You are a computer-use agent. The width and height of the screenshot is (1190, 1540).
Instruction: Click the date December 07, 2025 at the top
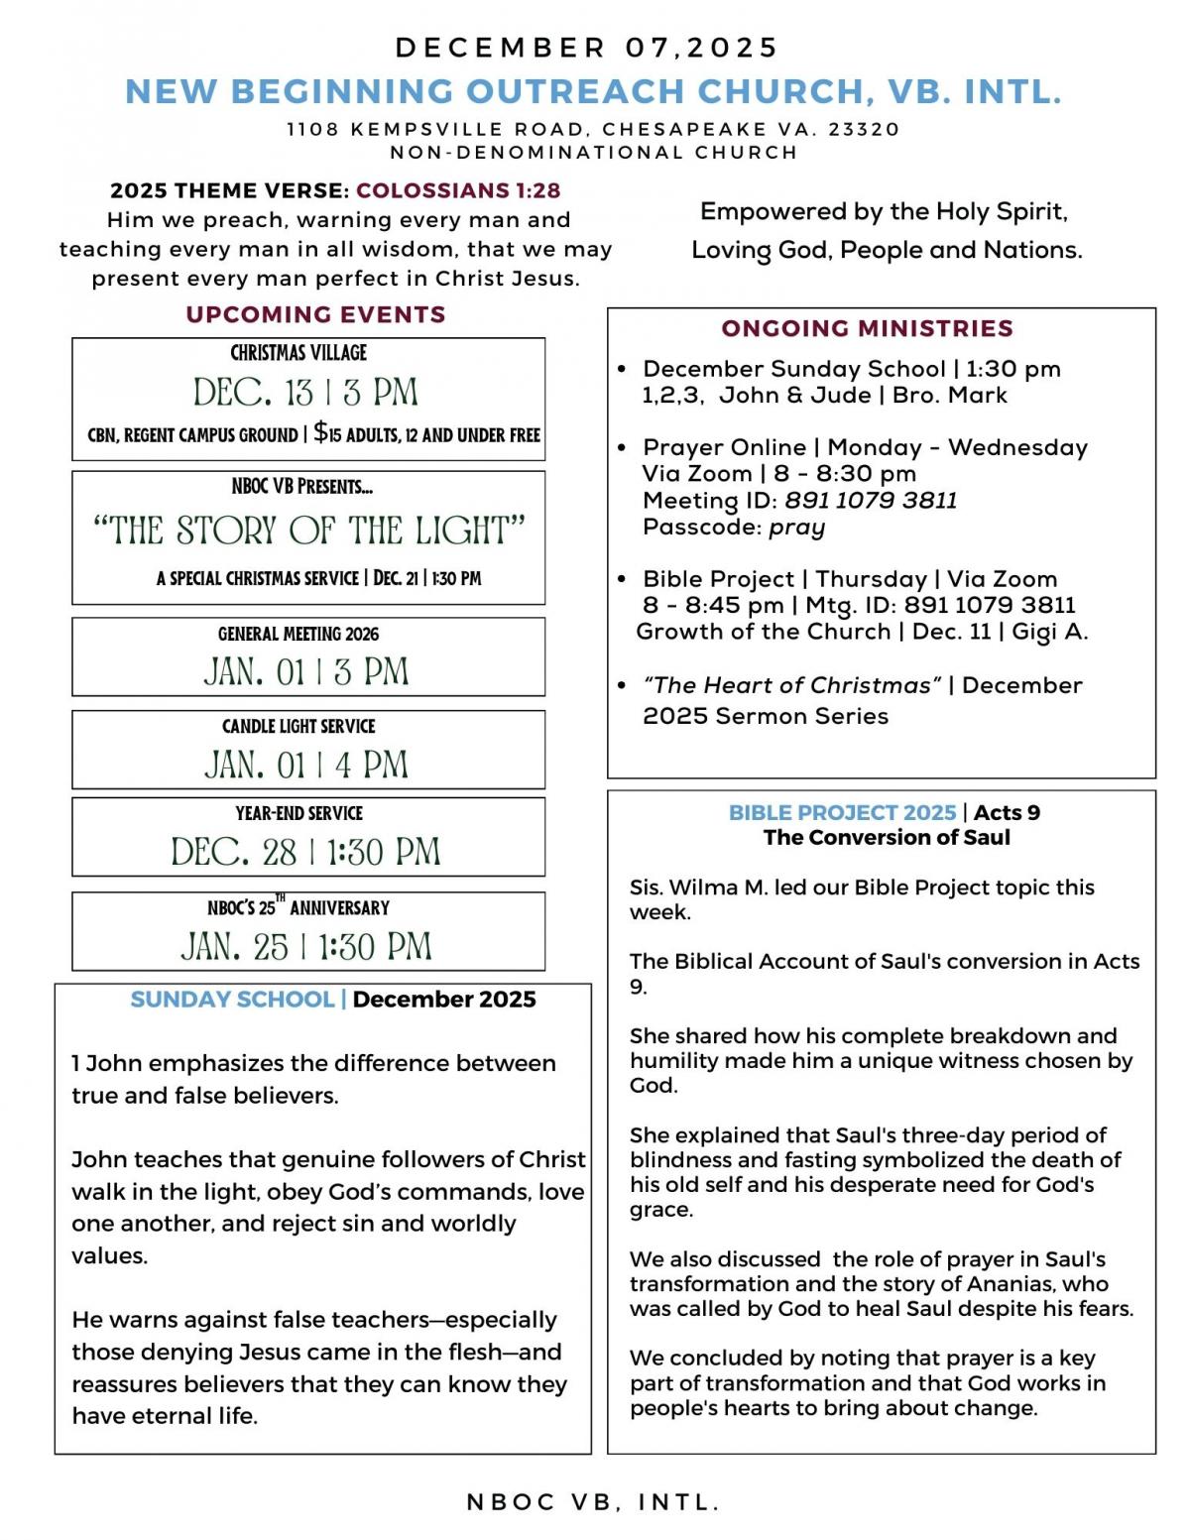tap(587, 48)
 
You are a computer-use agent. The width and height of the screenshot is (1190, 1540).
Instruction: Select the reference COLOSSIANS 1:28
tap(458, 190)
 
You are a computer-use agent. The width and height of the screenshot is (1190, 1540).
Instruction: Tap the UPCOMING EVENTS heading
tap(315, 314)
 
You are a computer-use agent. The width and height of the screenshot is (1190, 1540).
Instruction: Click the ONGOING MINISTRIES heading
tap(867, 328)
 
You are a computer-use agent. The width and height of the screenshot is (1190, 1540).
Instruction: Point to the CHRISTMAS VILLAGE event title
tap(298, 353)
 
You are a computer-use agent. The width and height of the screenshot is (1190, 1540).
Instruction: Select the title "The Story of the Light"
tap(308, 532)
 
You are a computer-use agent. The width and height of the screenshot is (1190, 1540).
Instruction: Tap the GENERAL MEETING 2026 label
tap(298, 634)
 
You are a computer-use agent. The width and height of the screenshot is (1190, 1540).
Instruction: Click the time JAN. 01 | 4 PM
tap(306, 765)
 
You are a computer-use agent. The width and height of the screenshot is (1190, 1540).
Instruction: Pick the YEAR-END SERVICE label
tap(298, 813)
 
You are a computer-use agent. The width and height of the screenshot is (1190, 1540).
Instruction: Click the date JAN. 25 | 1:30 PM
tap(306, 947)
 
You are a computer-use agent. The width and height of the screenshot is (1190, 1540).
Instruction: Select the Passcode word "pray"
tap(796, 527)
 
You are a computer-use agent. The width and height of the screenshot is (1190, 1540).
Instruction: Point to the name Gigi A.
tap(1049, 632)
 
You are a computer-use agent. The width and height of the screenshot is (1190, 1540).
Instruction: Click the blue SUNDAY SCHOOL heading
tap(232, 1000)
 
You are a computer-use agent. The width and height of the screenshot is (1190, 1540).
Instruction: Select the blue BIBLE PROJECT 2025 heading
tap(842, 813)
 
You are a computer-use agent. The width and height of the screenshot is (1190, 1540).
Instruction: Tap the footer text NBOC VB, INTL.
tap(593, 1502)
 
